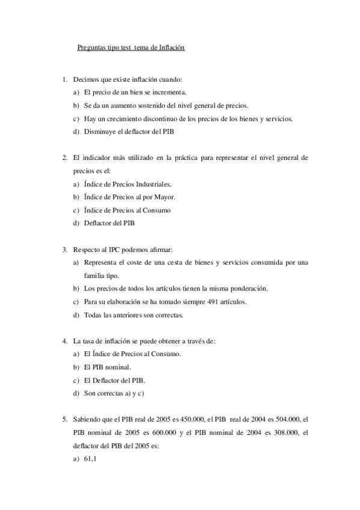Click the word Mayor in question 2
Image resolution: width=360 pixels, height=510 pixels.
click(x=164, y=197)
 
